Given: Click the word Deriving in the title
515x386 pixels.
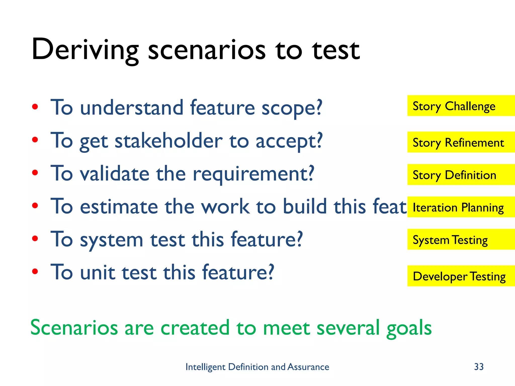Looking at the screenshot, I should point(85,50).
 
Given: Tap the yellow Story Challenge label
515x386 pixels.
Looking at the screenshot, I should point(461,106).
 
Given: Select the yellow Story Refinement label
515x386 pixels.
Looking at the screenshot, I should point(461,142).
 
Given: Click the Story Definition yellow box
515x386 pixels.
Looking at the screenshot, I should point(461,175).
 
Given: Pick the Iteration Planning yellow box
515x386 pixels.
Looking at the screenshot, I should point(461,207).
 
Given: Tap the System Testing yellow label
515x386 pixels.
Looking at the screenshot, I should point(461,239).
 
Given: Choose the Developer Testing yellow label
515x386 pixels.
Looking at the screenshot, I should point(461,276).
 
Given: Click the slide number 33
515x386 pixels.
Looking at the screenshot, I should point(479,367).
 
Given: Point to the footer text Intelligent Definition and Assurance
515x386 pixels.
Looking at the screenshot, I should point(257,367).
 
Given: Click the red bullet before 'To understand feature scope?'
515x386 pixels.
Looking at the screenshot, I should point(35,107).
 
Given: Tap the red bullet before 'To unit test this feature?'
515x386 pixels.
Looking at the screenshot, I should point(35,271).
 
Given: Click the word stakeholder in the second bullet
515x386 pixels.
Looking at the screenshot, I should point(168,141).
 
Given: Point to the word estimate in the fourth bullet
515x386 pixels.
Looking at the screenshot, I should point(119,207).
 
